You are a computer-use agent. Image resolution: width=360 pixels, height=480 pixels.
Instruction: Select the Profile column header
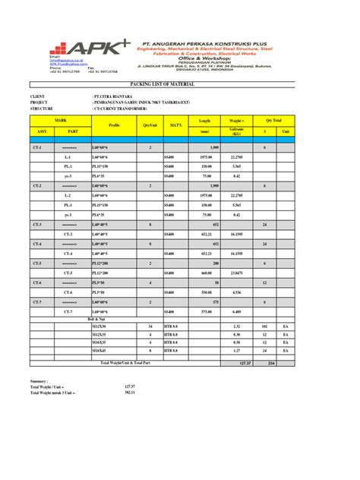(x=115, y=125)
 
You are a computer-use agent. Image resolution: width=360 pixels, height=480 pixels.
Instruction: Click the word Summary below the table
(x=39, y=380)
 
